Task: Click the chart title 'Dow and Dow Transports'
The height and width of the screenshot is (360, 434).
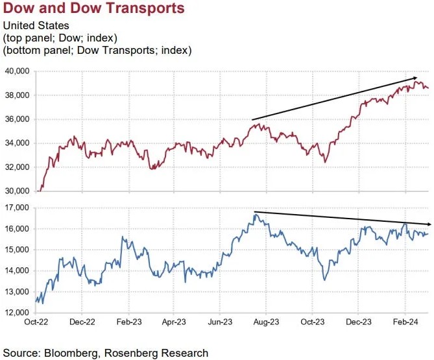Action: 94,9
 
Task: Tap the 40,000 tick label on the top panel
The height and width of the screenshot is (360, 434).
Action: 17,71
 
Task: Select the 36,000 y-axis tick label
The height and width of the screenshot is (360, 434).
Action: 17,119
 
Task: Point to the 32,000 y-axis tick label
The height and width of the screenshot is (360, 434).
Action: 17,167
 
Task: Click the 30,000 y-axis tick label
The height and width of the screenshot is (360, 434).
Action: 17,191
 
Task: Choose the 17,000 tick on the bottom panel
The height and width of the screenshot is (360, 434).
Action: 17,208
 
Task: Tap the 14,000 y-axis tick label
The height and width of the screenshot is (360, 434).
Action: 17,271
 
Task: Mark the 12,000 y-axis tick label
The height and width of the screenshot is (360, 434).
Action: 17,313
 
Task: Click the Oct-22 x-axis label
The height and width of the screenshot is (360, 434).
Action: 36,321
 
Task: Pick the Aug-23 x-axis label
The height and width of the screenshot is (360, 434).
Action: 267,321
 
